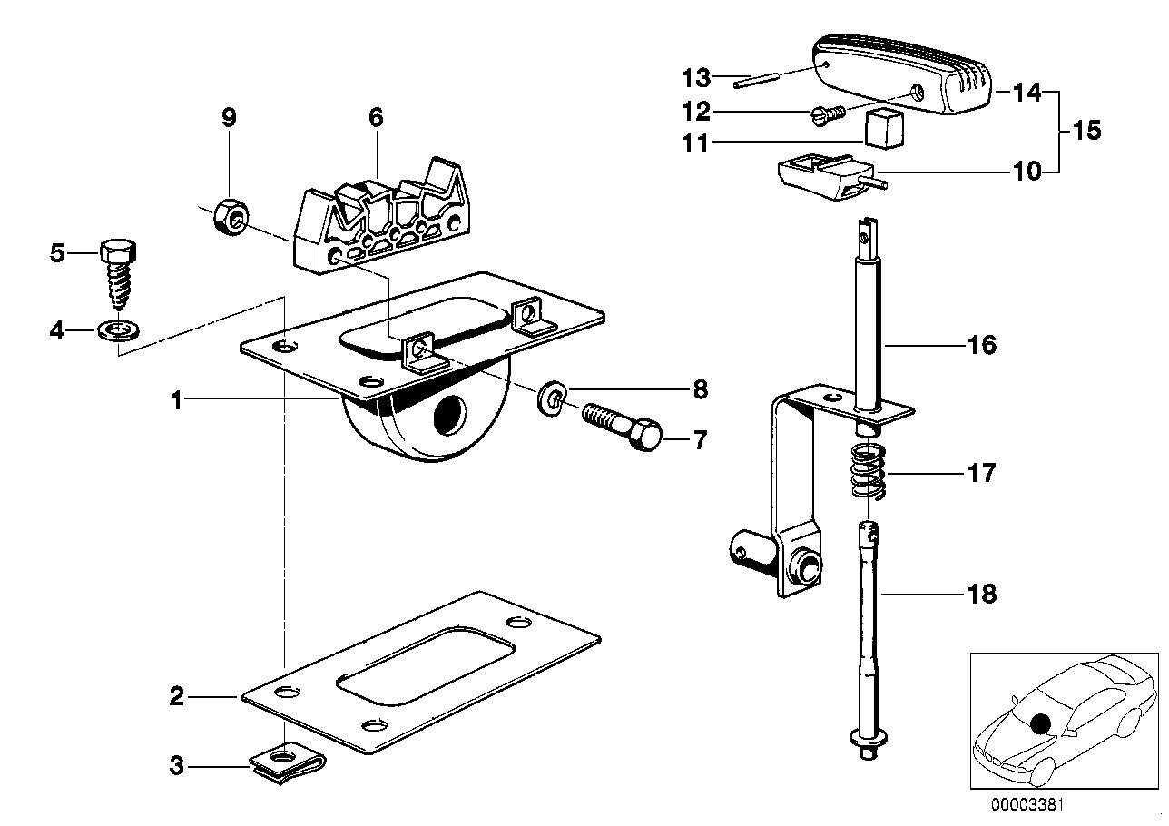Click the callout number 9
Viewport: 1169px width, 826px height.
[229, 117]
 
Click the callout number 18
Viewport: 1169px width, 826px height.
[983, 595]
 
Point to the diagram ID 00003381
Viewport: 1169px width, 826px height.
[1027, 803]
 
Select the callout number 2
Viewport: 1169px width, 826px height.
[177, 697]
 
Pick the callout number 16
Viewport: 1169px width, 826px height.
[983, 345]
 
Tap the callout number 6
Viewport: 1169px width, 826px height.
[376, 117]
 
